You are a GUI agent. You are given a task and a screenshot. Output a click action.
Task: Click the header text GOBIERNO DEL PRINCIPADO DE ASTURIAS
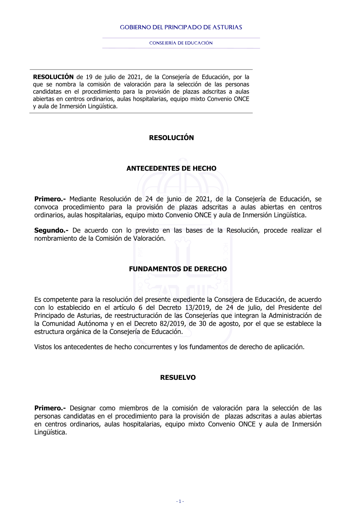click(x=181, y=27)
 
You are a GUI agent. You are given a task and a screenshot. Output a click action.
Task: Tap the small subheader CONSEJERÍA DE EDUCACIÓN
click(x=181, y=43)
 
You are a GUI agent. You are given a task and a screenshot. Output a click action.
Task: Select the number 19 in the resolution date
click(x=89, y=77)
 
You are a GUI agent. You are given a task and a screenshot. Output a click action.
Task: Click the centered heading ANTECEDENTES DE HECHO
click(x=171, y=168)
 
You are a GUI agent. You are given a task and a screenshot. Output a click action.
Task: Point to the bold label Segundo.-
click(x=51, y=230)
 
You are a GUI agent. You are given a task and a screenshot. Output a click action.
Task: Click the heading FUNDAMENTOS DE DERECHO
click(x=178, y=269)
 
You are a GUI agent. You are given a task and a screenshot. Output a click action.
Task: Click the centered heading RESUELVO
click(x=178, y=378)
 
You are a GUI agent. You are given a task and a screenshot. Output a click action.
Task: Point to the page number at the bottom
click(x=180, y=501)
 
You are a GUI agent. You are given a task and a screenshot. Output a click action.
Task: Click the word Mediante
click(x=83, y=199)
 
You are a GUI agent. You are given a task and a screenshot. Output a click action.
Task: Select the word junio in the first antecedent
click(x=174, y=199)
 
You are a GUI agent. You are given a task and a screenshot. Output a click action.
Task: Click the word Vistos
click(x=43, y=347)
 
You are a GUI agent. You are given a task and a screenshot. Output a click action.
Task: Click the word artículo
click(x=124, y=308)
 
